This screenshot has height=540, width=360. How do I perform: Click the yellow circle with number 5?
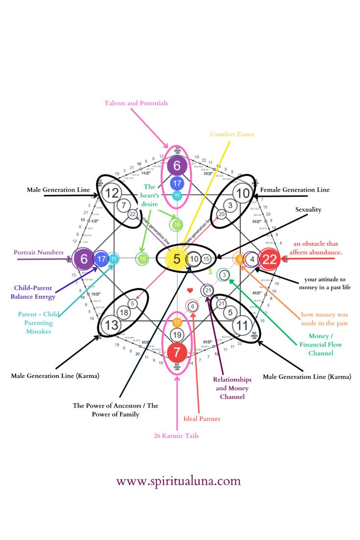pos(177,259)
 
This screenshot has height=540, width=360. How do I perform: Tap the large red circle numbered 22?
pos(269,259)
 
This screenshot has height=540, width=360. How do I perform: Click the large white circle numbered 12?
pos(112,193)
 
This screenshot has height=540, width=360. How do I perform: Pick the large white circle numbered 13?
pos(112,325)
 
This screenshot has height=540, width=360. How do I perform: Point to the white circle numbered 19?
pos(177,335)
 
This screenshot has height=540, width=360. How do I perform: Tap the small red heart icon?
pos(191,290)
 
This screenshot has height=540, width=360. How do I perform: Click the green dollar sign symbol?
pos(210,271)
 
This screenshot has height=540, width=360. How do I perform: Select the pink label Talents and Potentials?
pos(136,103)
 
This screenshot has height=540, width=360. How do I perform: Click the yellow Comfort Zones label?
pos(232,134)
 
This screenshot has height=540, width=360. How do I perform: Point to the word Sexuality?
pos(308,210)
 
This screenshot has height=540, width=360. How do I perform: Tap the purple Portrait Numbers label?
pos(39,253)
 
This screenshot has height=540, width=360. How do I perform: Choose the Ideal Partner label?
pos(202,419)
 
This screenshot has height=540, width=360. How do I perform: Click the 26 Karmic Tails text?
pos(176,436)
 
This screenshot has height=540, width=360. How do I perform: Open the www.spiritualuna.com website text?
pos(178,481)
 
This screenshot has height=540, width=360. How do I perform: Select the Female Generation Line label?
pos(295,190)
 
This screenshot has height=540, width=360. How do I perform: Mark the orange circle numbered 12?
pos(177,322)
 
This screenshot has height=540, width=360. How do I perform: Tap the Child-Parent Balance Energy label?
pos(34,292)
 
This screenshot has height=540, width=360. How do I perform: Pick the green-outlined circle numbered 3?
pos(224,275)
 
